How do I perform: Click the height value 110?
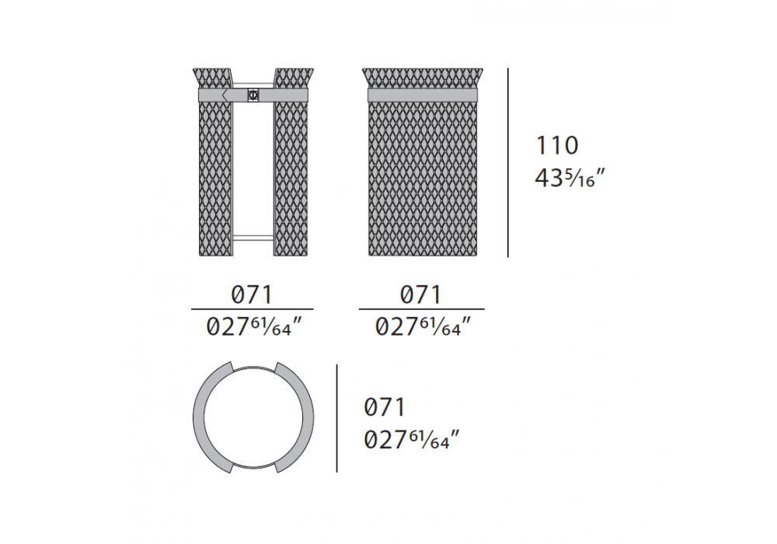(x=557, y=145)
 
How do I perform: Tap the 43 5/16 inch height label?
(x=570, y=177)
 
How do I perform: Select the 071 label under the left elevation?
(x=252, y=295)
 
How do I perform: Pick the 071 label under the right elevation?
(x=420, y=295)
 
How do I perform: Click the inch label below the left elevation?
(x=254, y=326)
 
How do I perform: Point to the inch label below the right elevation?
(x=422, y=326)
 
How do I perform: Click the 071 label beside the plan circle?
(x=385, y=407)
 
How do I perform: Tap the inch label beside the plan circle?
(x=411, y=439)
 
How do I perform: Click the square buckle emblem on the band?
(x=253, y=95)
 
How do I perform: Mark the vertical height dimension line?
(x=508, y=162)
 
